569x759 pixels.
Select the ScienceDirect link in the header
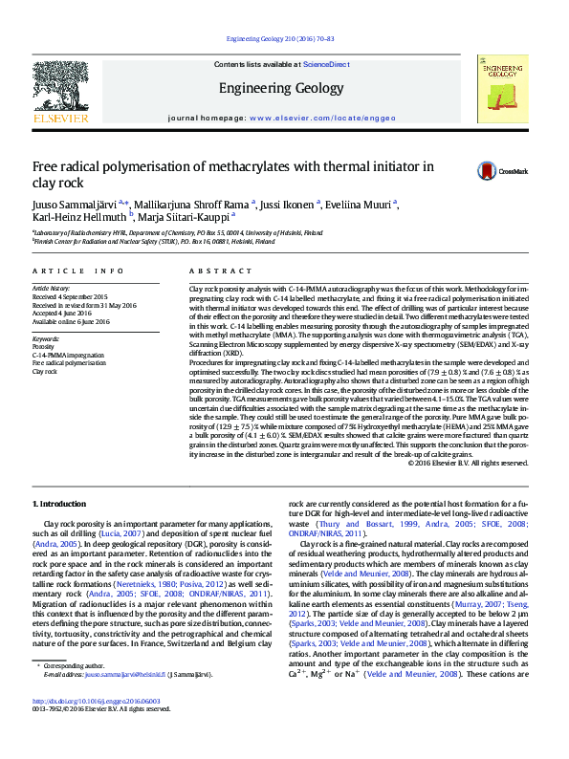(326, 63)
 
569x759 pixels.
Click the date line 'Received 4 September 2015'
(70, 295)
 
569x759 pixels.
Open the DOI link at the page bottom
(96, 727)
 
